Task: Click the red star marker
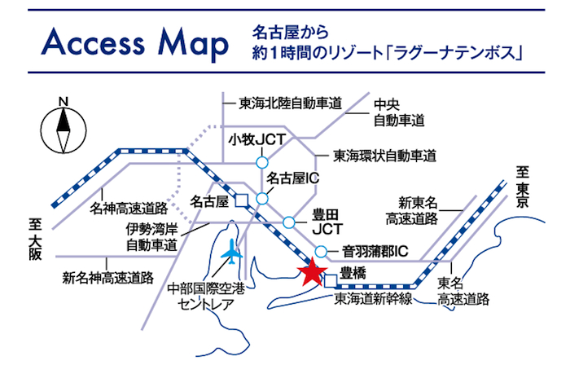point(310,273)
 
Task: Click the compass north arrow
point(63,128)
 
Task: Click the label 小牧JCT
point(257,139)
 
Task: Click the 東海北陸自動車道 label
point(289,103)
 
